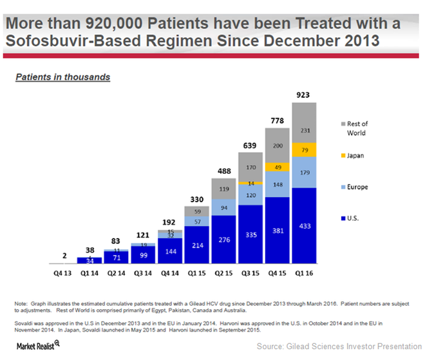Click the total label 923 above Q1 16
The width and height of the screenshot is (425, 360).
(303, 95)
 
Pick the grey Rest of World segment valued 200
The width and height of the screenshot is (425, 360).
(277, 146)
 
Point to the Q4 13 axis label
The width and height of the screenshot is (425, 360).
(62, 272)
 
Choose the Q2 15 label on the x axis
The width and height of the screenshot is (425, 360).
(223, 272)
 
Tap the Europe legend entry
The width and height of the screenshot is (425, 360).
(356, 187)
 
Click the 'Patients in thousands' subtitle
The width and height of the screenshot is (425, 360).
(62, 77)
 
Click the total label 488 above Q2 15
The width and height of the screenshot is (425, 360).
(223, 171)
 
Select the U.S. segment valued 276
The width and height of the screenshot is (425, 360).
(223, 240)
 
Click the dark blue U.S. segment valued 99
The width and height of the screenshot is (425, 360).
(143, 255)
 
